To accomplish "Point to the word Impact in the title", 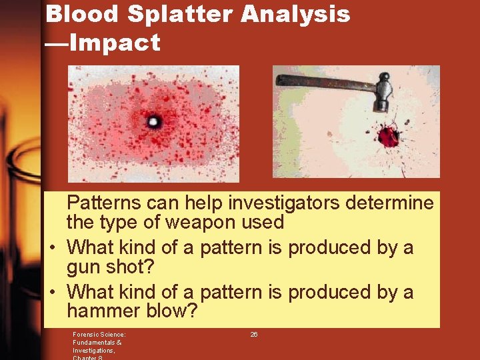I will coord(115,43).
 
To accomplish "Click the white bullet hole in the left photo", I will coord(153,122).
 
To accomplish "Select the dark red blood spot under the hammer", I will coord(388,137).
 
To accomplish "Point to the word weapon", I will coord(198,222).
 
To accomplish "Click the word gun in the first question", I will coord(86,267).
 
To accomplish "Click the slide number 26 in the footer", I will coord(254,334).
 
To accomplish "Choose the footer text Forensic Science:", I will coord(99,334).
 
